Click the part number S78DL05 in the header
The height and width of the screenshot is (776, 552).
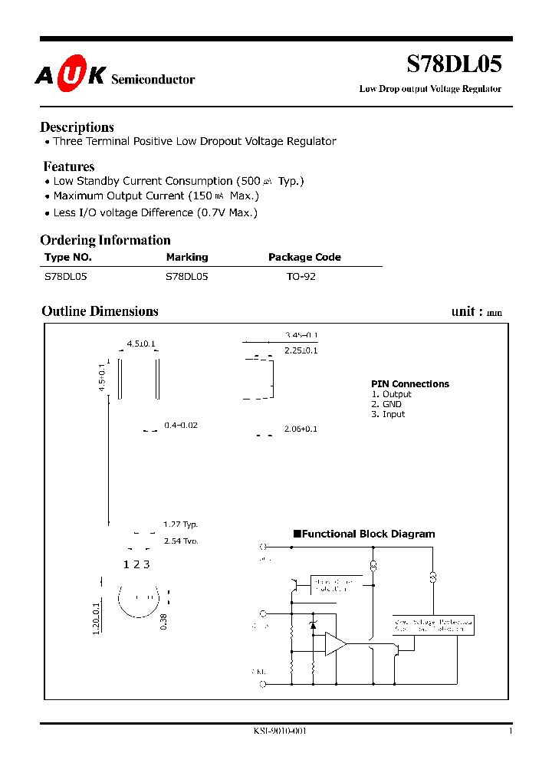[x=453, y=65]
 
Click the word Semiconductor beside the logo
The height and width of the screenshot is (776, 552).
[x=153, y=80]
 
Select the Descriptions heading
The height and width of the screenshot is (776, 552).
[x=77, y=127]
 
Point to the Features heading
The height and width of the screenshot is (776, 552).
[x=69, y=166]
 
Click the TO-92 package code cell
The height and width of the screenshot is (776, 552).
[x=301, y=277]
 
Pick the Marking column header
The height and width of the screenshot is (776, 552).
[x=187, y=258]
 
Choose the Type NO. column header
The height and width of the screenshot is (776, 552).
[x=67, y=258]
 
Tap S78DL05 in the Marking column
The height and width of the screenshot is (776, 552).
[x=187, y=277]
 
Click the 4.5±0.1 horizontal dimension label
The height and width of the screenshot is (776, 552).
[x=141, y=344]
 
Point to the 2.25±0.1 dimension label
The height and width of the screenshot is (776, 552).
[x=301, y=350]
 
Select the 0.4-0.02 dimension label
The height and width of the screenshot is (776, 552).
[x=181, y=425]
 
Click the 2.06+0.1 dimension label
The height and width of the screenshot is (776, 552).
[x=301, y=429]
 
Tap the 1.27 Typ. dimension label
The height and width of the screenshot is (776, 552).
[x=181, y=524]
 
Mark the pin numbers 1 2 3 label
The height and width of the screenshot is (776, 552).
[x=136, y=564]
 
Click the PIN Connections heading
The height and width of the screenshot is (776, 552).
[x=410, y=384]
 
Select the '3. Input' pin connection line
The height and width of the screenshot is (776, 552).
[x=388, y=414]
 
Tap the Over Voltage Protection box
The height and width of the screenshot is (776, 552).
[x=433, y=624]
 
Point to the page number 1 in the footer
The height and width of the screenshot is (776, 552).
[x=510, y=732]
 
